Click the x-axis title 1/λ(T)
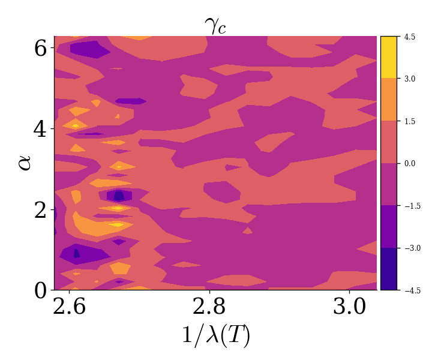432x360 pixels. pos(215,335)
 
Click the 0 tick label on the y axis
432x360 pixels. pos(40,290)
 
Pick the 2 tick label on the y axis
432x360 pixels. pos(40,210)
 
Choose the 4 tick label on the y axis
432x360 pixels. pos(40,129)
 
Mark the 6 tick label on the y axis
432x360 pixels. pos(40,48)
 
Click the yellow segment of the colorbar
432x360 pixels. pos(388,57)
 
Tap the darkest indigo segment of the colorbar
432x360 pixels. pos(388,269)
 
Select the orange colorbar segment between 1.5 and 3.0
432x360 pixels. pos(388,100)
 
